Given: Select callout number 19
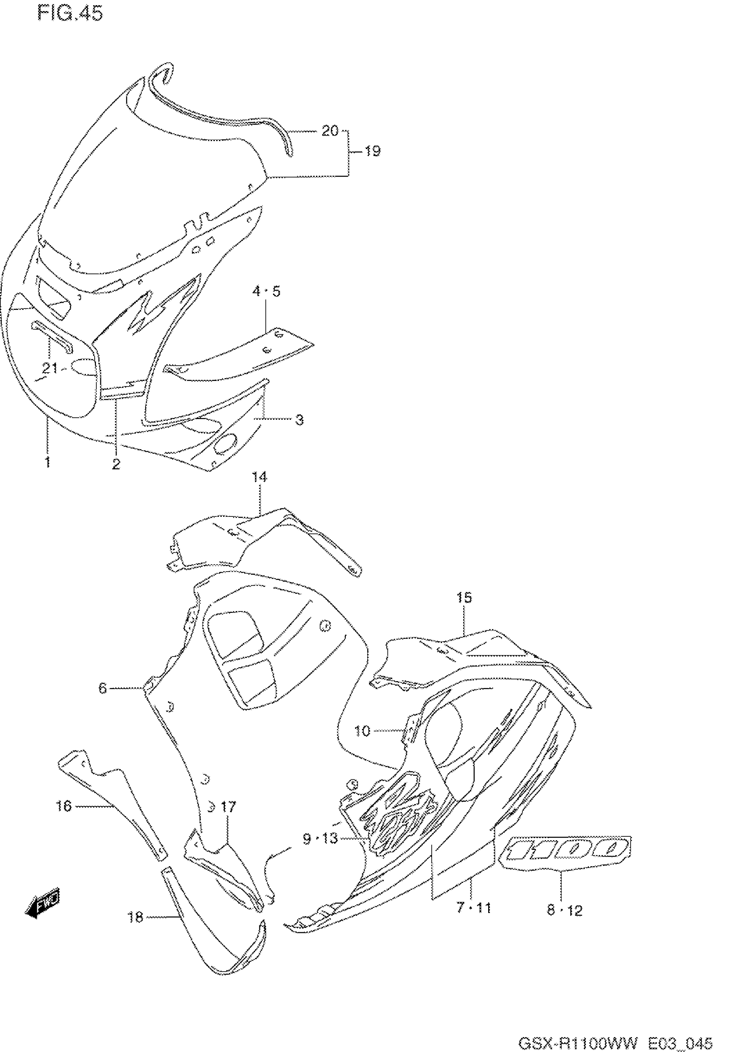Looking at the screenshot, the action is coord(372,151).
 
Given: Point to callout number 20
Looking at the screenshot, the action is coord(330,131).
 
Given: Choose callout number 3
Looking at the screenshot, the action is coord(299,419).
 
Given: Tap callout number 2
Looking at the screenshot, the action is coord(116,464).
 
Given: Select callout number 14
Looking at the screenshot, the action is coord(259,477).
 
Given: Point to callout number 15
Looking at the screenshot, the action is coord(464,597).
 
